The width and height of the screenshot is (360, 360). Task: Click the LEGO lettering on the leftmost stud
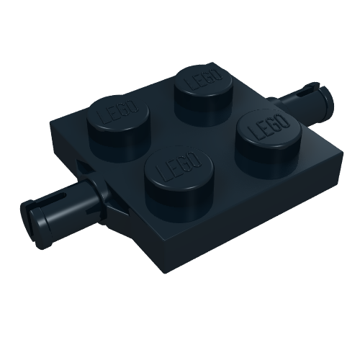coord(114,115)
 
